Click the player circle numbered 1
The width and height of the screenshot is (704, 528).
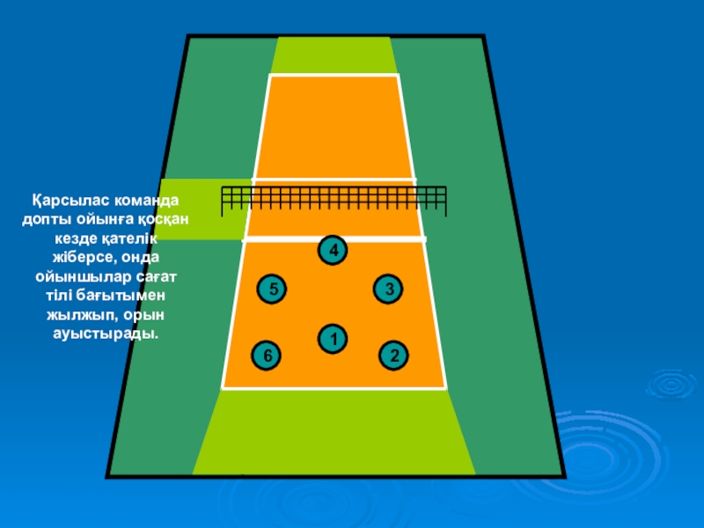tap(332, 339)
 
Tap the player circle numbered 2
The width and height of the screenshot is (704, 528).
tap(394, 356)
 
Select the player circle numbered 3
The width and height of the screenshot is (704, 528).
tap(387, 289)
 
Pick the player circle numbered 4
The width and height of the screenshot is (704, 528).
tap(332, 251)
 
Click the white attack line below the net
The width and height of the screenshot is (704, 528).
tap(334, 238)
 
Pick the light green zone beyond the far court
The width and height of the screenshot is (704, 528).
tap(334, 55)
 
